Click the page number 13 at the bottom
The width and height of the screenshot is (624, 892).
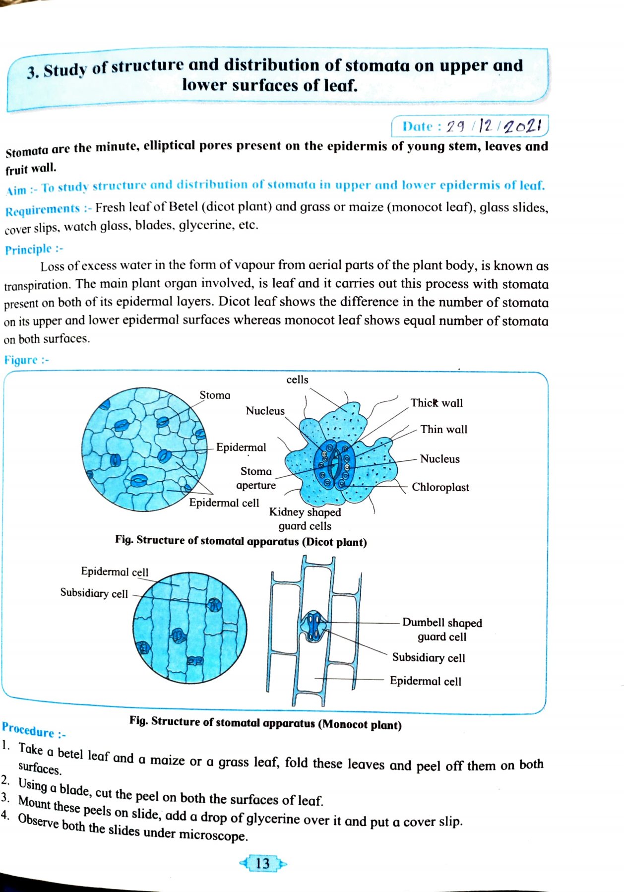tap(262, 863)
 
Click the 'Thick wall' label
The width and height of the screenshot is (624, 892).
tap(436, 403)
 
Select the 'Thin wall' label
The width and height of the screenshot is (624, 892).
tap(443, 429)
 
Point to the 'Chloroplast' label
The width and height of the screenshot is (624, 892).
tap(440, 487)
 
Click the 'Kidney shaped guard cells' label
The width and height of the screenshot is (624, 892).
tap(305, 519)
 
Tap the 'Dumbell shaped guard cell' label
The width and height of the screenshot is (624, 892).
tap(441, 630)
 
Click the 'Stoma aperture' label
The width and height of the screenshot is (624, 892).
tap(256, 478)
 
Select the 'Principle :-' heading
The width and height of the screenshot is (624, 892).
tap(34, 249)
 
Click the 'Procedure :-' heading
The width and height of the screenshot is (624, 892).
tap(34, 730)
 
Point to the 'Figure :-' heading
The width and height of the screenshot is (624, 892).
tap(26, 360)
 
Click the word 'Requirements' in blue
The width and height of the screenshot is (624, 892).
tap(43, 210)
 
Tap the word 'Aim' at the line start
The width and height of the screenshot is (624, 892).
tap(16, 190)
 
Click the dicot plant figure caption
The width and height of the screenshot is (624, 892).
tap(241, 541)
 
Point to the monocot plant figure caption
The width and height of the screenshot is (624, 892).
tap(265, 723)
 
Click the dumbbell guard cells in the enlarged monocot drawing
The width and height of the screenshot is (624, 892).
tap(312, 627)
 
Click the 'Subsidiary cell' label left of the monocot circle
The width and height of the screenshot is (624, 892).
tap(94, 593)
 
